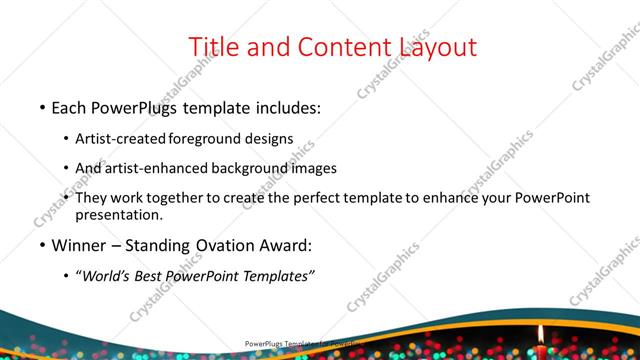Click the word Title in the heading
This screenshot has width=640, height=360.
pos(213,46)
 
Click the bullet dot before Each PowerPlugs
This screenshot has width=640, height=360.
pos(41,105)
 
